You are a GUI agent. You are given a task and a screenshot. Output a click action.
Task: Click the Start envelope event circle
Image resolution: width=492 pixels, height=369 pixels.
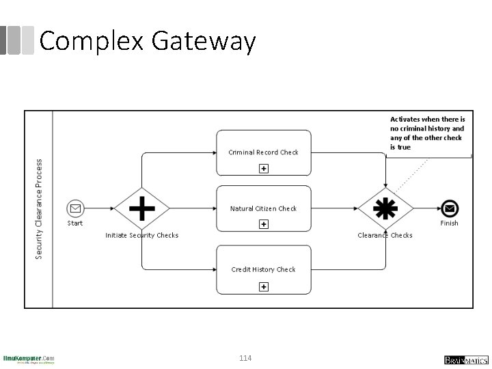tap(75, 208)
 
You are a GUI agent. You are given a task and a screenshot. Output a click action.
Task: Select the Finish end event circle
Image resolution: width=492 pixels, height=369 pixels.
tap(449, 208)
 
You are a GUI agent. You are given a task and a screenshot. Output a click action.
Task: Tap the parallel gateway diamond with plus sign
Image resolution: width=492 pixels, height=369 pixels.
tap(141, 208)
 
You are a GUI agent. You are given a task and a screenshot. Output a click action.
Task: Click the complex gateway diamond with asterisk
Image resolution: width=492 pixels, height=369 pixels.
tap(386, 208)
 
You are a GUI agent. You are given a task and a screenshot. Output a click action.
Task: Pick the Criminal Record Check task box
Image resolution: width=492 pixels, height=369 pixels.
tap(263, 152)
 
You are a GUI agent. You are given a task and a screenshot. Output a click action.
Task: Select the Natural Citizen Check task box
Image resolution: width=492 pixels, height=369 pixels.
tap(263, 208)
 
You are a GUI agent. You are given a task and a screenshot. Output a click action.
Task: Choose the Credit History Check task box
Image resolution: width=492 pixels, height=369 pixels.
tap(263, 269)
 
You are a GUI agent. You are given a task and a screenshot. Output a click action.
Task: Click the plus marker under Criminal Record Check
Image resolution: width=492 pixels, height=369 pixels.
tap(263, 169)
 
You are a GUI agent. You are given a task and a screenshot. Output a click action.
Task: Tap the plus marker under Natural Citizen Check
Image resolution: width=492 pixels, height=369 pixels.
tap(263, 225)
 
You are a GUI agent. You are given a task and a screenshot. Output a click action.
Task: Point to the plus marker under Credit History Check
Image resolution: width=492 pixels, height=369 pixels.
tap(263, 287)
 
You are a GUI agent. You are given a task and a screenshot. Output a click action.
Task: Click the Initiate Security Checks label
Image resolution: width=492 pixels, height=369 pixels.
tap(141, 236)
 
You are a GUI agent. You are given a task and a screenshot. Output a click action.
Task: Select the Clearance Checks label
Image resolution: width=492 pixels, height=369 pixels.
tap(385, 236)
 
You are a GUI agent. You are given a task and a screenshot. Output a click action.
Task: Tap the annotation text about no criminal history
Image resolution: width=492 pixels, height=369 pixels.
tap(428, 133)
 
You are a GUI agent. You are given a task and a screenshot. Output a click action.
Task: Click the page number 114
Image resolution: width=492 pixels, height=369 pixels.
tap(246, 357)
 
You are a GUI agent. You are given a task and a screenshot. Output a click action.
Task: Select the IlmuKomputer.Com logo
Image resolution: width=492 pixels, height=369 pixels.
tap(29, 359)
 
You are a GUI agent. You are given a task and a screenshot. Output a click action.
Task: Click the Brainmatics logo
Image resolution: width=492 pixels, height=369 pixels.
tap(466, 359)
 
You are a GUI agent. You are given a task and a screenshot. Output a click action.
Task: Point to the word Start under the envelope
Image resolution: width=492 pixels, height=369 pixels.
tap(75, 223)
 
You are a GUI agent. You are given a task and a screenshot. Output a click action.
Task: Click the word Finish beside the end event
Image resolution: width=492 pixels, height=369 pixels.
tap(449, 223)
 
